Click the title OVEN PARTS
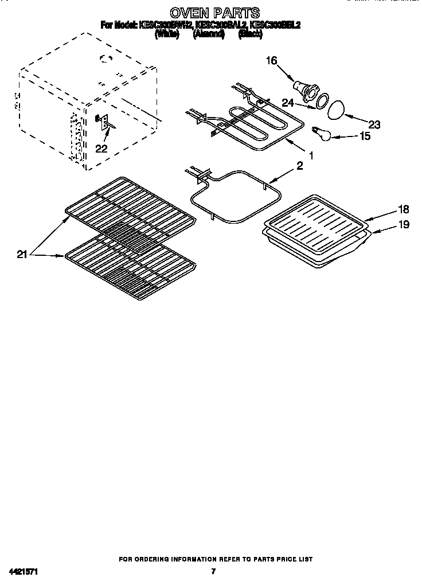click(214, 12)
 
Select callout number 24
click(288, 103)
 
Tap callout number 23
click(374, 124)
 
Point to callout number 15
click(364, 136)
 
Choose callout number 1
click(311, 155)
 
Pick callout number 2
click(299, 166)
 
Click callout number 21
click(22, 255)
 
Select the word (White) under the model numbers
click(167, 34)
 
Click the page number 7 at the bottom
click(213, 571)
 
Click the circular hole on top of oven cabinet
click(104, 57)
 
